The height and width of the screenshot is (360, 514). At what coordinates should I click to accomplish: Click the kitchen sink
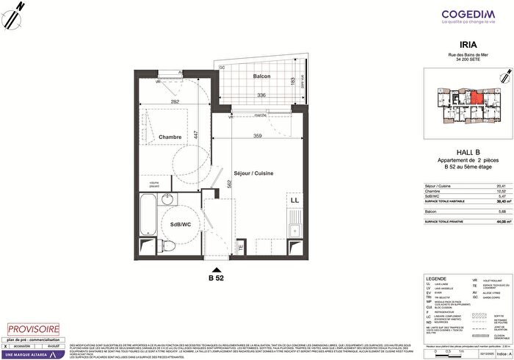click(297, 220)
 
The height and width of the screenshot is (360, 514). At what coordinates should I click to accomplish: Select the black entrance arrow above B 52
click(217, 268)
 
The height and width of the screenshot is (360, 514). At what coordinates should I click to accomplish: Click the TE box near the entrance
click(240, 248)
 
